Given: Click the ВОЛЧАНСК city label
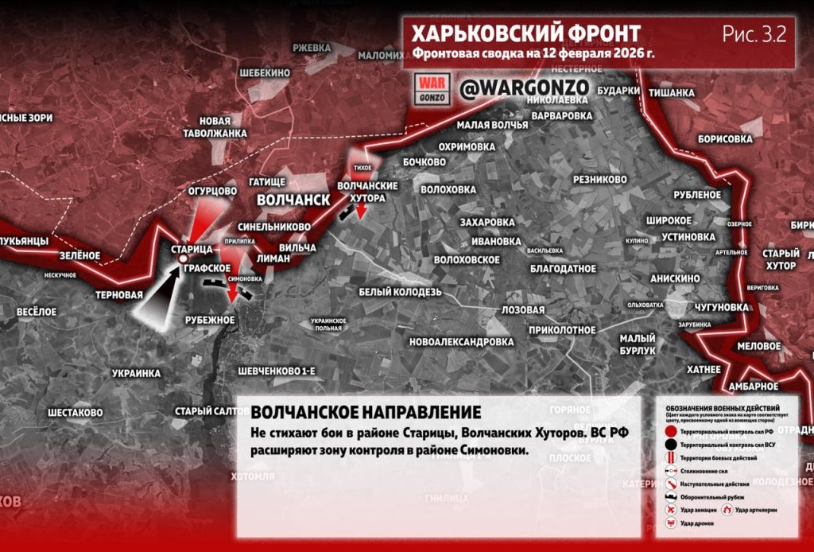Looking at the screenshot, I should (293, 200).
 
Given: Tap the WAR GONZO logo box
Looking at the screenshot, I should (434, 88).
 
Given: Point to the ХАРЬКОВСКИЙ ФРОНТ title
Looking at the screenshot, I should (525, 34).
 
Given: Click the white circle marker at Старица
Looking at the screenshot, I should (182, 259).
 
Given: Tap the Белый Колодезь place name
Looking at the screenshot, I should (399, 291).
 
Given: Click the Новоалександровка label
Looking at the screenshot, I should (461, 342).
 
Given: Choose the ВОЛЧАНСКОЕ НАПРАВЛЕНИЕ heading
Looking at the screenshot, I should (365, 413).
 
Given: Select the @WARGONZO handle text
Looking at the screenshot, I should (513, 87).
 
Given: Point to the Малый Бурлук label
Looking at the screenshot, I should (638, 344).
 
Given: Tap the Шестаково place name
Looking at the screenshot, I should (76, 413).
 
